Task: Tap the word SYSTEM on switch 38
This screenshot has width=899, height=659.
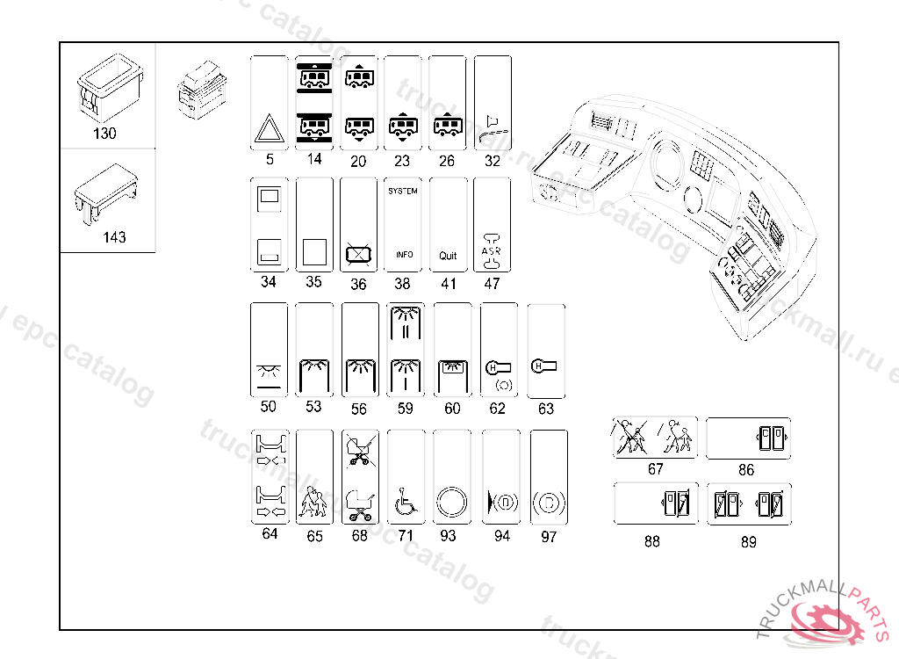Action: tap(403, 191)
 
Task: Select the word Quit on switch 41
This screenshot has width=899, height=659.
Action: tap(448, 256)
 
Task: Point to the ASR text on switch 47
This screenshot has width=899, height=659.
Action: tap(492, 250)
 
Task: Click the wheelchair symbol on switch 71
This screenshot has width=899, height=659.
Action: tap(405, 503)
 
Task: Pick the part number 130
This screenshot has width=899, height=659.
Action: tap(104, 134)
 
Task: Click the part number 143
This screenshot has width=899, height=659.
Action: tap(113, 236)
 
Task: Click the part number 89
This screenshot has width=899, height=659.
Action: tap(748, 542)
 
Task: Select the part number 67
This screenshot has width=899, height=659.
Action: tap(655, 469)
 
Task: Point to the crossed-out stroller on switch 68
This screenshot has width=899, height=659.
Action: tap(358, 447)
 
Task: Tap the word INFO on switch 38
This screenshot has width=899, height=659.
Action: tap(404, 255)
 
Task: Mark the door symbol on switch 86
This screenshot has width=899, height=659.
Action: tap(769, 438)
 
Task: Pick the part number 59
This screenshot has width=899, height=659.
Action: tap(405, 408)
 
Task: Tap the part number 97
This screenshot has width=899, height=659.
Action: tap(549, 537)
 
